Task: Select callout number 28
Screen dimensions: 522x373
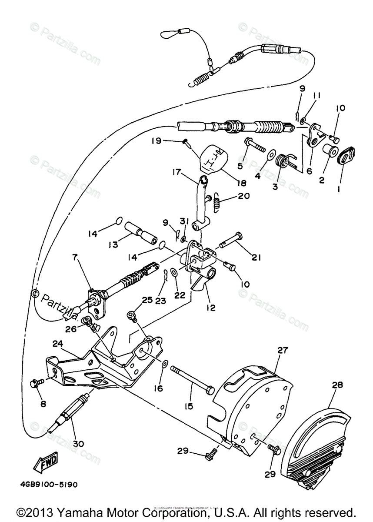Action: click(x=337, y=385)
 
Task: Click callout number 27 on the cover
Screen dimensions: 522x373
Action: click(x=283, y=349)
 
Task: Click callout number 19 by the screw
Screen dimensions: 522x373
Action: click(x=156, y=141)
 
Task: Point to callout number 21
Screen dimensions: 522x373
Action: click(x=255, y=258)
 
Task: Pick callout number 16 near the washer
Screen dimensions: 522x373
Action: click(x=158, y=388)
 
